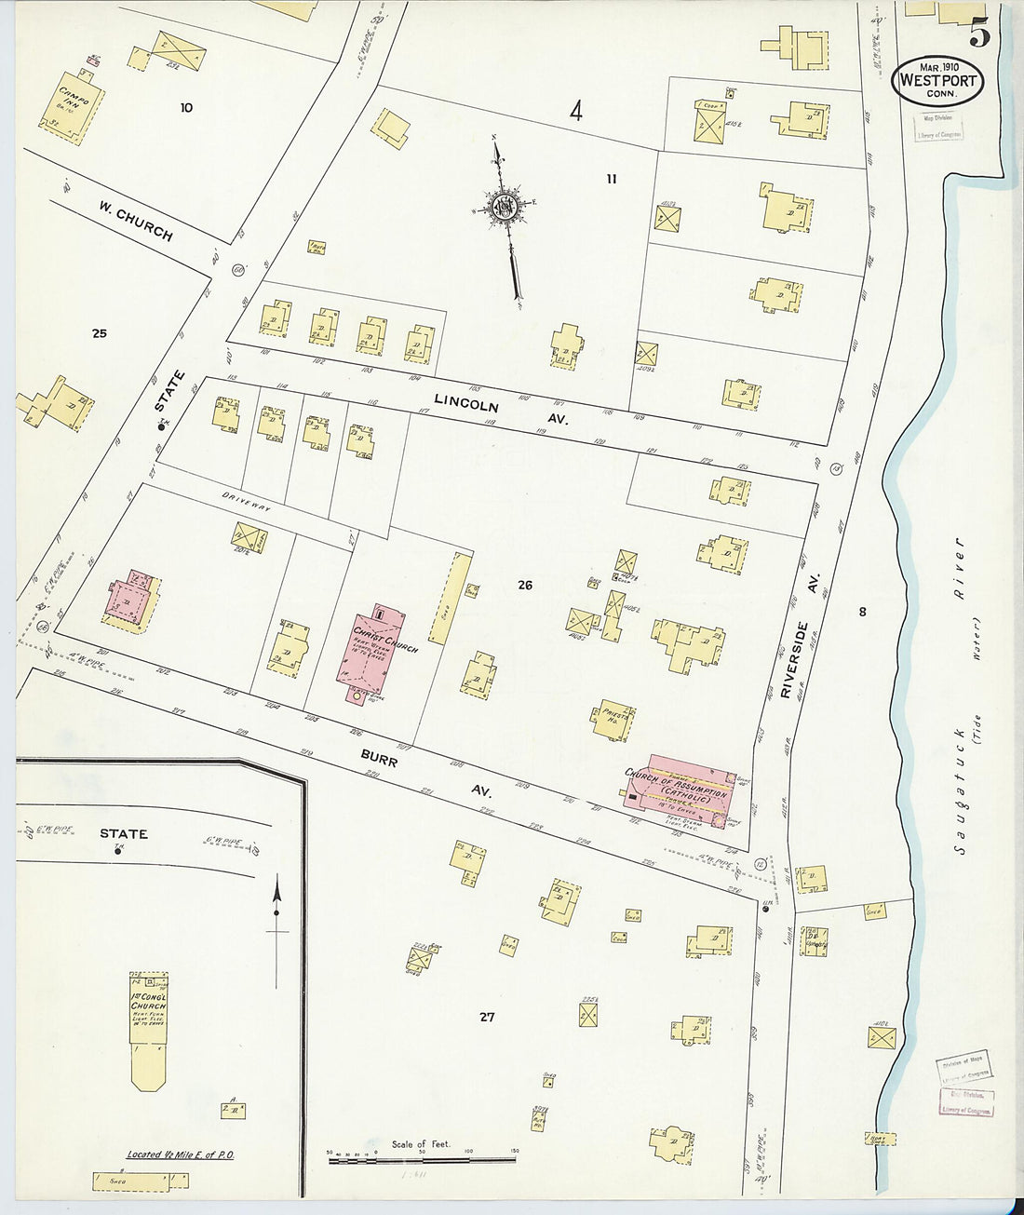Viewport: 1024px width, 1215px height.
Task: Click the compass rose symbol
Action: [505, 206]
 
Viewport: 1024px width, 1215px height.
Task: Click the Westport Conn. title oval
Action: [937, 80]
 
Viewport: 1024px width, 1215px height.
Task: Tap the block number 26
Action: [525, 585]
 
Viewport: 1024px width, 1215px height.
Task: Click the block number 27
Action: [487, 1017]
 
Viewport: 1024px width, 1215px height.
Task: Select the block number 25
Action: [100, 332]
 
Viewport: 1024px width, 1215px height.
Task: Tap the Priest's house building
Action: [613, 720]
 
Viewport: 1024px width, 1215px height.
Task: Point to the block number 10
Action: [186, 107]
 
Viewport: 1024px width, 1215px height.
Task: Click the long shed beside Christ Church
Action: [451, 597]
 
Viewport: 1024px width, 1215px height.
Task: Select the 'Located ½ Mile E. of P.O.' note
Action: [181, 1154]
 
